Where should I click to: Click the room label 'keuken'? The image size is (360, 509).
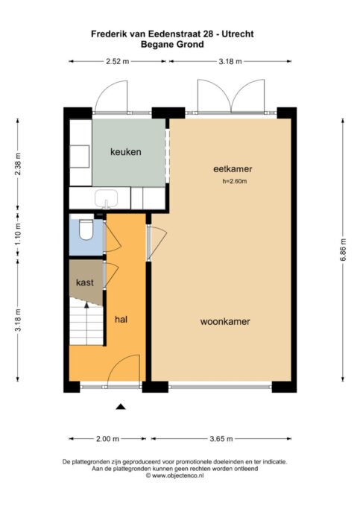click(x=125, y=152)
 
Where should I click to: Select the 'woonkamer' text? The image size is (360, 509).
click(x=224, y=322)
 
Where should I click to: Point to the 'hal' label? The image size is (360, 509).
click(x=121, y=319)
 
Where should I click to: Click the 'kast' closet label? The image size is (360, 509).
click(x=84, y=283)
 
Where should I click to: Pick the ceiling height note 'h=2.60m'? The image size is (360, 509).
click(x=234, y=182)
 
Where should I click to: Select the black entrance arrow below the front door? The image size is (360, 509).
click(x=121, y=406)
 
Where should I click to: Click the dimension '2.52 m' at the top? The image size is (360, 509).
click(x=117, y=61)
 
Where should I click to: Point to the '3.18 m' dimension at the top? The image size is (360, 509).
click(x=229, y=61)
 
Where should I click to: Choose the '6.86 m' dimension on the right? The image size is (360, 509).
click(x=343, y=247)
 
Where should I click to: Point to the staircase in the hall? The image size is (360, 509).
click(x=86, y=325)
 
